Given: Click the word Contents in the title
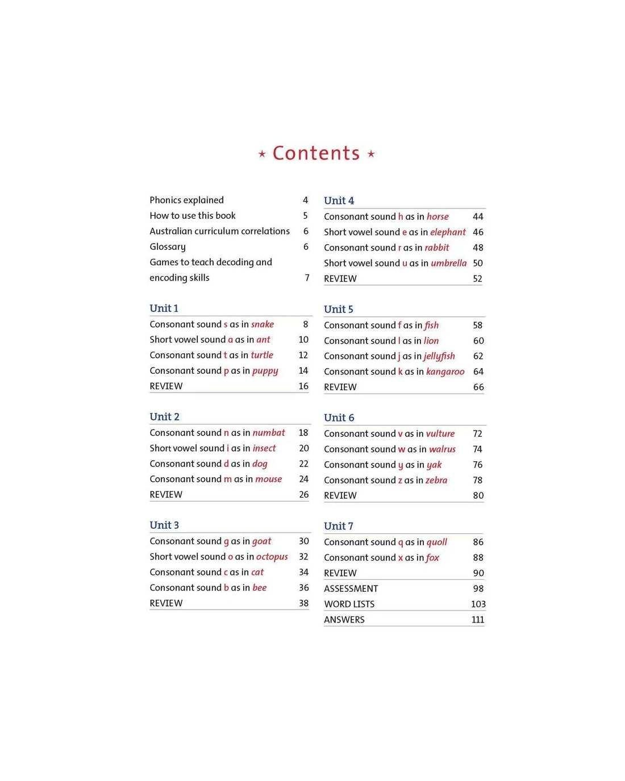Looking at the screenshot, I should tap(316, 153).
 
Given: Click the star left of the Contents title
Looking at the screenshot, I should tap(262, 154).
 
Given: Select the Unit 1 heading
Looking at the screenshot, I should tap(164, 308).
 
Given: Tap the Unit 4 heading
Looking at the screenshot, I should tap(339, 201).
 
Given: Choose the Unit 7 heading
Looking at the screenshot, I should tap(338, 526).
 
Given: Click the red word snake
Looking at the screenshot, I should tap(262, 324).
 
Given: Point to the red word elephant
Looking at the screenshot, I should tap(448, 232).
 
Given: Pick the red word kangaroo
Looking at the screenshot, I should tap(445, 371).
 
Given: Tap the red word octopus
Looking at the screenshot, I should tap(272, 557).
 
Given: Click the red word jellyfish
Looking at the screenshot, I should tap(439, 356).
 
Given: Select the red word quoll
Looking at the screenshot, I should tap(436, 542).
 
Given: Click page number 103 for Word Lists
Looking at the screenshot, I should tap(478, 604).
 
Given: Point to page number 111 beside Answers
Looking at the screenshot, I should tap(478, 620).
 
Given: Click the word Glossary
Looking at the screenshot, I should tap(168, 247).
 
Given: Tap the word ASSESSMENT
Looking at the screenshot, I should tap(351, 588).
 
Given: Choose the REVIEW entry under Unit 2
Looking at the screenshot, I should tap(166, 495).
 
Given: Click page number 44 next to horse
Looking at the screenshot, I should tap(478, 216).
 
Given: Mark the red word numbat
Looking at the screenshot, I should tap(269, 433).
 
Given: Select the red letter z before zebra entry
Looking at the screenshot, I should tap(400, 481).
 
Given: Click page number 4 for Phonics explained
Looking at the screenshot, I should tap(305, 200).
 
